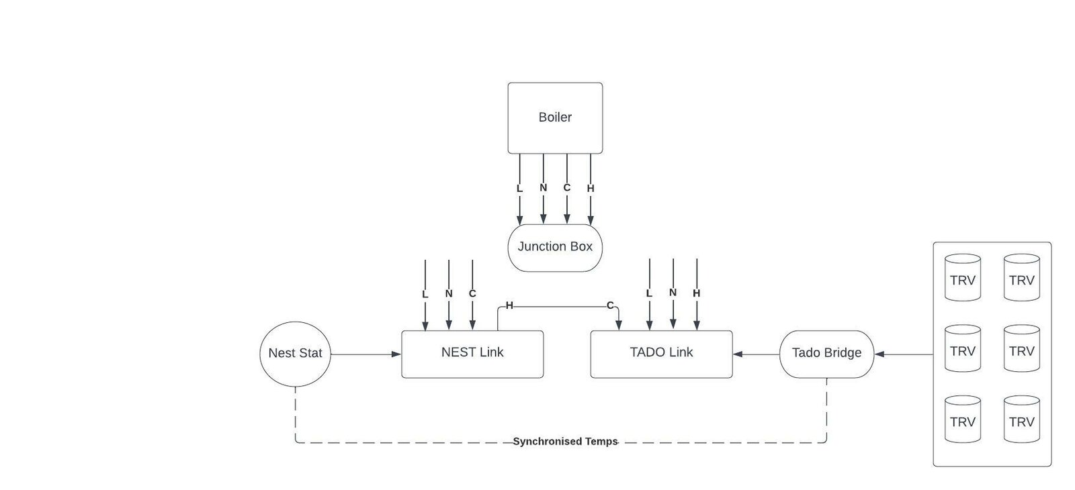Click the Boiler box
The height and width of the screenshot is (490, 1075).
tap(555, 117)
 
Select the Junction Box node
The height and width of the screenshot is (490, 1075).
tap(555, 247)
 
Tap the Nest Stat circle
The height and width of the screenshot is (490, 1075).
tap(295, 353)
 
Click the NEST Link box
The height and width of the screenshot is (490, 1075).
tap(472, 353)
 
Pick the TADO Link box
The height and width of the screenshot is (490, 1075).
tap(661, 353)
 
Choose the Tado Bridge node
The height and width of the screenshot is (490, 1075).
tap(826, 353)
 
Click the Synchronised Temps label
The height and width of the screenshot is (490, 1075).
tap(565, 442)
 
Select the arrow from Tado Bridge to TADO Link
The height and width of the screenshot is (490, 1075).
tap(756, 354)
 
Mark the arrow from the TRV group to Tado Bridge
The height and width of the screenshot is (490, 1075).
tap(904, 354)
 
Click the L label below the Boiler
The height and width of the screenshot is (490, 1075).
tap(519, 189)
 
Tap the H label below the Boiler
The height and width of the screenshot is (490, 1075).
tap(591, 189)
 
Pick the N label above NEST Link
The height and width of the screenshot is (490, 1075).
tap(449, 294)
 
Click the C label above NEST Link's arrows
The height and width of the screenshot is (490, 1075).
tap(472, 294)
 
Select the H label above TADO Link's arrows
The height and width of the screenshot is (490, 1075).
tap(697, 293)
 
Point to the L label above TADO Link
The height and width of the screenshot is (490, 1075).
tap(649, 293)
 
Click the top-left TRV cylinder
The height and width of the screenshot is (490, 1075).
tap(962, 277)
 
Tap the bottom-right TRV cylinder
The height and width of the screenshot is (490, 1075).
tap(1021, 419)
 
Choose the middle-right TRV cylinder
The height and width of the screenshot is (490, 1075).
tap(1021, 348)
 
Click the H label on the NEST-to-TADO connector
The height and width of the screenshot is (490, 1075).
tap(509, 306)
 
